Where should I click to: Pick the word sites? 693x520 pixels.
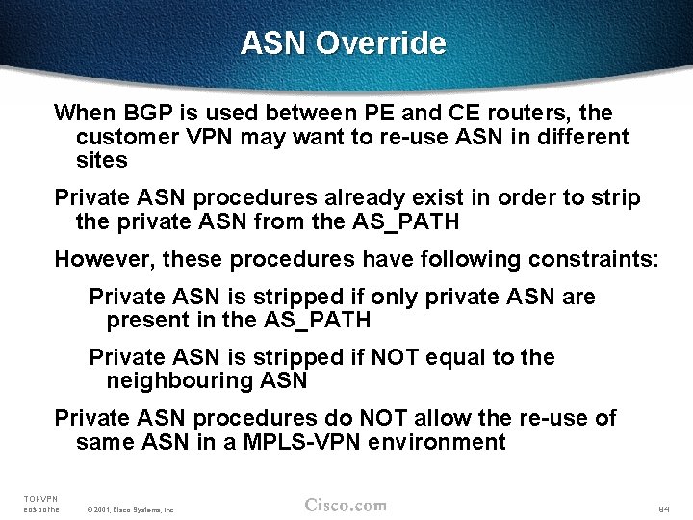click(x=101, y=160)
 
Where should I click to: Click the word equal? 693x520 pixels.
click(x=451, y=358)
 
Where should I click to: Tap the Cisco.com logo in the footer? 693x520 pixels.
click(x=346, y=505)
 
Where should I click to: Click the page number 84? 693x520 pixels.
click(x=663, y=507)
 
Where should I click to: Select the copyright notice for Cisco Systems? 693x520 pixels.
click(x=130, y=508)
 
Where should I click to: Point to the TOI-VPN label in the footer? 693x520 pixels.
click(x=40, y=498)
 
